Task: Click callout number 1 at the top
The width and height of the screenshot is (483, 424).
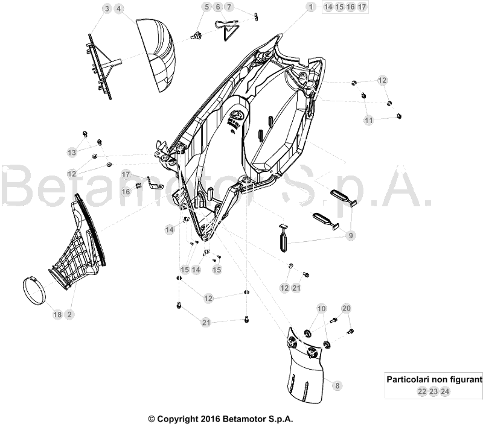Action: pos(310,7)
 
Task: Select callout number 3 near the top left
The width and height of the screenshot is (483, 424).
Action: pos(107,9)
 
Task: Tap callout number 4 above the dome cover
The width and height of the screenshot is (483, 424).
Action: pos(118,9)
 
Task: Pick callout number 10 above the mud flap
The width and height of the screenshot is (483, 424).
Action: pos(321,308)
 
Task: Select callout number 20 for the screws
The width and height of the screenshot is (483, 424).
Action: pos(346,308)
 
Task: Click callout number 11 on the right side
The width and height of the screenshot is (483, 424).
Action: pos(368,121)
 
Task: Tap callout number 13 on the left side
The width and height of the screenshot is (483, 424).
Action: pos(72,151)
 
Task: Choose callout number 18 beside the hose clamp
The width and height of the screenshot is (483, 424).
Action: pos(58,315)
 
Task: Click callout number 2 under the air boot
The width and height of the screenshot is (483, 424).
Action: pos(69,315)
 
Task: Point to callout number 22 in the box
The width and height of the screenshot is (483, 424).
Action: pos(421,391)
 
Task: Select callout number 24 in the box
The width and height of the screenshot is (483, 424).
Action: pos(444,391)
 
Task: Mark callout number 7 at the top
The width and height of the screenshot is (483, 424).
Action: pos(229,7)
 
